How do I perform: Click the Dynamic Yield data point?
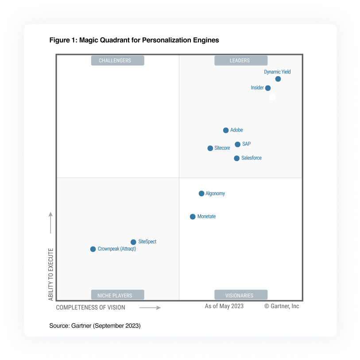tap(278, 79)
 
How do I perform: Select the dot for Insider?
tap(268, 88)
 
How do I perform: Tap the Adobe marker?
tap(226, 130)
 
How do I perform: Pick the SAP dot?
tap(238, 144)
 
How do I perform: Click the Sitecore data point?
tap(210, 148)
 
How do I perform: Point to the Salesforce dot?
tap(237, 158)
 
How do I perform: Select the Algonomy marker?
tap(201, 194)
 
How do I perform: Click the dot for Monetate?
tap(193, 217)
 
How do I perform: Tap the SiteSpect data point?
tap(133, 242)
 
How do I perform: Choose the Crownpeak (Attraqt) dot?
tap(93, 249)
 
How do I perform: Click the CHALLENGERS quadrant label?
tap(117, 61)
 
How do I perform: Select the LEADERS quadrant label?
tap(241, 61)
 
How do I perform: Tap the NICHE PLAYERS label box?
tap(117, 295)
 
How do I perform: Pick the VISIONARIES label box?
tap(241, 295)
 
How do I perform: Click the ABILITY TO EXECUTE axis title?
tap(50, 275)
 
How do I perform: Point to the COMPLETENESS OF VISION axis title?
tap(91, 307)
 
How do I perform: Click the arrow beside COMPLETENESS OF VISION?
tap(150, 307)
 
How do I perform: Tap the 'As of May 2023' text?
tap(224, 306)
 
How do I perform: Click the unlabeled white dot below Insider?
tap(272, 97)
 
